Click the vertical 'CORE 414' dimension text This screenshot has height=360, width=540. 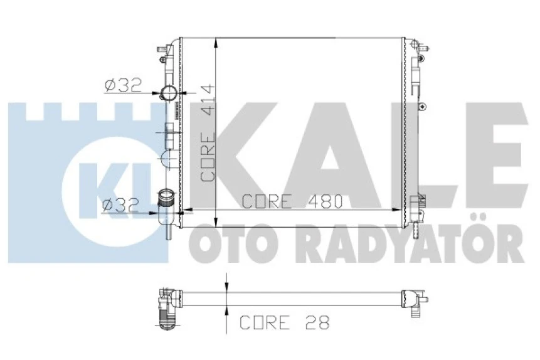coord(208,133)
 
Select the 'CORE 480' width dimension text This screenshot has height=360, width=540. coord(291,201)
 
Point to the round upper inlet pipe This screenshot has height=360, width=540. coord(169,95)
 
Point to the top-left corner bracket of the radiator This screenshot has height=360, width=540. coord(164,50)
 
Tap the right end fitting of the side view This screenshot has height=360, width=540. coord(414,300)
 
